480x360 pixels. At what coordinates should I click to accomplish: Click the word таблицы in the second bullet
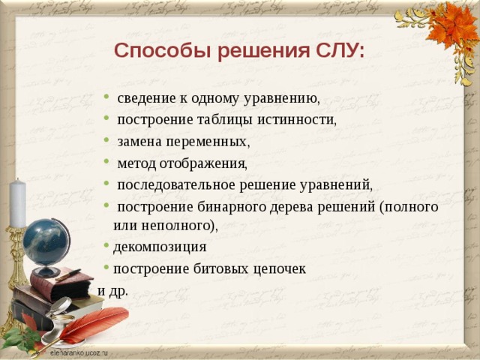(229, 119)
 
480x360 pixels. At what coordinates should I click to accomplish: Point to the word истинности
(296, 119)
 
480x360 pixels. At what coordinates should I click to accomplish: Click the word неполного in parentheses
(173, 224)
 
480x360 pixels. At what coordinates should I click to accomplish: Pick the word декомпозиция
(159, 247)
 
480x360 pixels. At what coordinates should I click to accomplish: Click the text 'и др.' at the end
(112, 289)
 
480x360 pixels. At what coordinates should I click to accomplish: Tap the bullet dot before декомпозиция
(107, 247)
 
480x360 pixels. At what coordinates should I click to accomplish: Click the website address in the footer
(79, 351)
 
